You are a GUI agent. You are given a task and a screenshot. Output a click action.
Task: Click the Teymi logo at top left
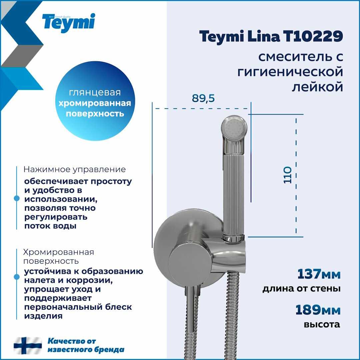[x=68, y=23]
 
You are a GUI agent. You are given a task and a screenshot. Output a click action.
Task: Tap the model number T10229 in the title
[x=313, y=36]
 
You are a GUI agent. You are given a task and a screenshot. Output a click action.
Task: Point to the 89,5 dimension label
[x=203, y=98]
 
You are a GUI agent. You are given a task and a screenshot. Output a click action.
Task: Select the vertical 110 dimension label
[x=287, y=175]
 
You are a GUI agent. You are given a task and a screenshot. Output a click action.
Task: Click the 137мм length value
[x=319, y=274]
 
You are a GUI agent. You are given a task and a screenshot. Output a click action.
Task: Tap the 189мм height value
[x=318, y=310]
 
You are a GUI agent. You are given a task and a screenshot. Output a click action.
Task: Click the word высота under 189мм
[x=322, y=324]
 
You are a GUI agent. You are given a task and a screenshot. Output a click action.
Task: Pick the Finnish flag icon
[x=28, y=346]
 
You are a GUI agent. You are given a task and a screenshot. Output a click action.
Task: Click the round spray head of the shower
[x=234, y=128]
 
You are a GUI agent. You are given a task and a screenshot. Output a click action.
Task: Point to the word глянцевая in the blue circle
[x=95, y=92]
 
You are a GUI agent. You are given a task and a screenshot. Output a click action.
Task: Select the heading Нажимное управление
[x=75, y=169]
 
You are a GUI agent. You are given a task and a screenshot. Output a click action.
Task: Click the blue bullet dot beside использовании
[x=17, y=198]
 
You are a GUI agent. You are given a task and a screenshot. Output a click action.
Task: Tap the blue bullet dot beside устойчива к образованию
[x=17, y=277]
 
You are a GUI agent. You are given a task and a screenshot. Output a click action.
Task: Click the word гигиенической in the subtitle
[x=290, y=72]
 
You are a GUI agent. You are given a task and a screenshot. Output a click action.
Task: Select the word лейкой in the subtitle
[x=317, y=87]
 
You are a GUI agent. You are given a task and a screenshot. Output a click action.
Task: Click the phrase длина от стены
[x=301, y=289]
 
